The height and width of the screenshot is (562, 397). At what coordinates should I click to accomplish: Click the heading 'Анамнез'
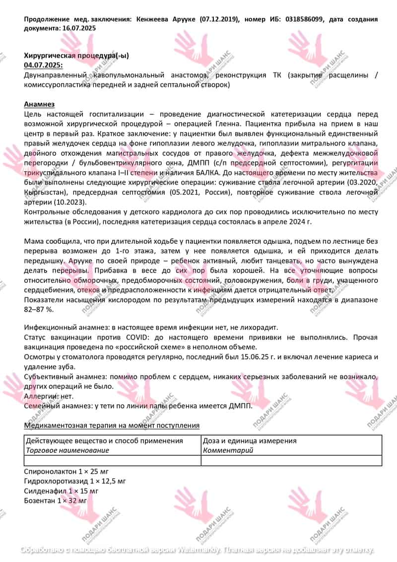[39, 104]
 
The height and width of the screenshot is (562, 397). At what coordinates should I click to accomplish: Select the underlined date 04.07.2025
[43, 65]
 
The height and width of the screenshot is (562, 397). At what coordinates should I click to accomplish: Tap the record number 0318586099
[305, 19]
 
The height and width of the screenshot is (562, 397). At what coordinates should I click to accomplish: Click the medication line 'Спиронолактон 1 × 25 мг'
[66, 471]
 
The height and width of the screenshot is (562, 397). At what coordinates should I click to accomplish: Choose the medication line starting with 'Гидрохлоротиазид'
[75, 481]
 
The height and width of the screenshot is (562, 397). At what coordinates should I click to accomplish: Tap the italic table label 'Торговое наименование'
[67, 450]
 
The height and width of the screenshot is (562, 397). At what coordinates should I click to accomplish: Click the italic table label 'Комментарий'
[228, 450]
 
